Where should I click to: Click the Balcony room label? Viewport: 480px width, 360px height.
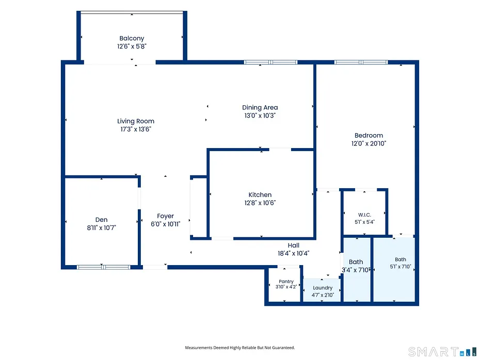[x=132, y=38]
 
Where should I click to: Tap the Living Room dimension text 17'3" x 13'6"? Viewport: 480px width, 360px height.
[x=136, y=129]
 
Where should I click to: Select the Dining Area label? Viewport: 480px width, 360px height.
[x=260, y=107]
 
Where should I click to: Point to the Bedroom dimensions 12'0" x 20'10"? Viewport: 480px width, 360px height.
[x=369, y=143]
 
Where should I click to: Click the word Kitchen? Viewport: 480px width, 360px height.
[x=260, y=194]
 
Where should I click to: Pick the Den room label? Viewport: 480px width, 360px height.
[x=101, y=220]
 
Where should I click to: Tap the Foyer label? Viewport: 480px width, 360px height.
[x=165, y=216]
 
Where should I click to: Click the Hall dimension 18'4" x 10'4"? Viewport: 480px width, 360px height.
[x=293, y=253]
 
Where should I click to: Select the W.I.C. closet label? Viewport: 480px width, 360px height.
[x=364, y=215]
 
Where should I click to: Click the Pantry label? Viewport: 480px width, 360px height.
[x=286, y=282]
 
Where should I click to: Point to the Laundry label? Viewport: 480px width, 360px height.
[x=323, y=288]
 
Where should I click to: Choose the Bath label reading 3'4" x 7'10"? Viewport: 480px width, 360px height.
[x=356, y=266]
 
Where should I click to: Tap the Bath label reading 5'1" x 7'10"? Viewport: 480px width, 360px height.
[x=401, y=263]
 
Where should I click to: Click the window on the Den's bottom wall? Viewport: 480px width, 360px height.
[x=103, y=267]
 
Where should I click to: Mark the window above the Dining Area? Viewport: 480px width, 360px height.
[x=270, y=62]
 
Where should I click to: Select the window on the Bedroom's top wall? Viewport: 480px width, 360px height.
[x=361, y=62]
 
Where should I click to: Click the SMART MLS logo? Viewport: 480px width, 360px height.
[x=442, y=352]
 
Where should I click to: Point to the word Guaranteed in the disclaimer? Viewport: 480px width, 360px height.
[x=284, y=348]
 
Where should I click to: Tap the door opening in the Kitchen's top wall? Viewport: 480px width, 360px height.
[x=280, y=150]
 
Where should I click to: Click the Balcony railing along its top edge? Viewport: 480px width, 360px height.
[x=132, y=12]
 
